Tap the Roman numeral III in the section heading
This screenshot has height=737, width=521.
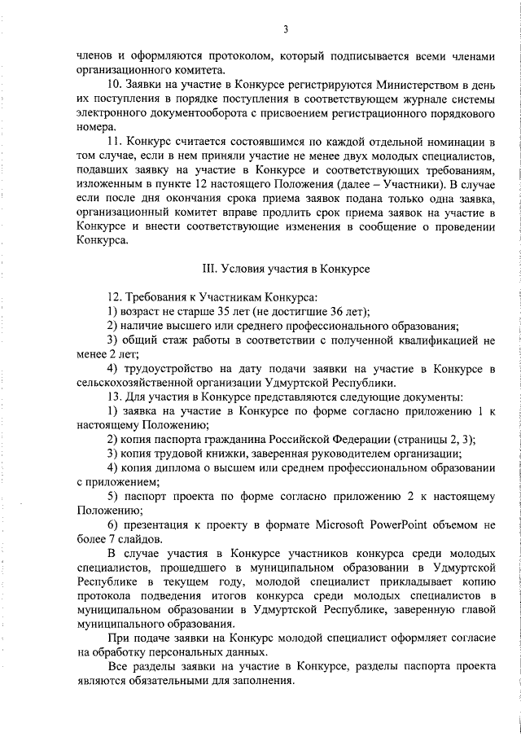coord(207,268)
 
